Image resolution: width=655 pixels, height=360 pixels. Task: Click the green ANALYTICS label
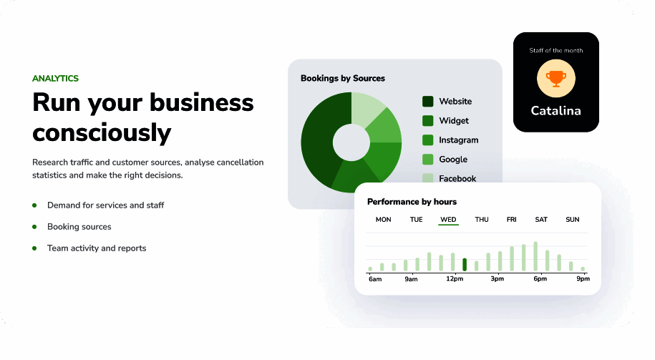click(55, 79)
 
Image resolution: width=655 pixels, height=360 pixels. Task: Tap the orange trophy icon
click(556, 79)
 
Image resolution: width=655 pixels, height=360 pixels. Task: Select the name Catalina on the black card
click(555, 111)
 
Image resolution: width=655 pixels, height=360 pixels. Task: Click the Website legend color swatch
click(428, 102)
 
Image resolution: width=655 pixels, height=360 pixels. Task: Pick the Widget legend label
click(454, 121)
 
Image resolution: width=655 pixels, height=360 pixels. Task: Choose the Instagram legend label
click(458, 140)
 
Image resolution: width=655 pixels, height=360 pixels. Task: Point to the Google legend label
click(453, 160)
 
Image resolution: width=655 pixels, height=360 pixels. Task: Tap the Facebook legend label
click(457, 178)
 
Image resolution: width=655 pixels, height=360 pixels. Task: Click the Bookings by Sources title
click(343, 78)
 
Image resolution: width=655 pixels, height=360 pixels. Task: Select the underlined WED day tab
click(448, 219)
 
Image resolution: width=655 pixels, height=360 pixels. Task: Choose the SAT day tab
click(541, 219)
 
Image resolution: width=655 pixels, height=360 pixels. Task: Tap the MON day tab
click(383, 219)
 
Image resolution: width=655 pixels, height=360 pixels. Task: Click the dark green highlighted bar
click(465, 264)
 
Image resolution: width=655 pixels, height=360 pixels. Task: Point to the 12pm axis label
click(455, 278)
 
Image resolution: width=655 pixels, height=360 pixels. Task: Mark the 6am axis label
click(375, 279)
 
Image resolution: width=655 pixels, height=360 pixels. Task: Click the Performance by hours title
click(412, 202)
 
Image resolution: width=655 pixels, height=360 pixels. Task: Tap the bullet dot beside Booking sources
click(34, 227)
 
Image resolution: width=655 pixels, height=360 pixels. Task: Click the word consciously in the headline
click(102, 133)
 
